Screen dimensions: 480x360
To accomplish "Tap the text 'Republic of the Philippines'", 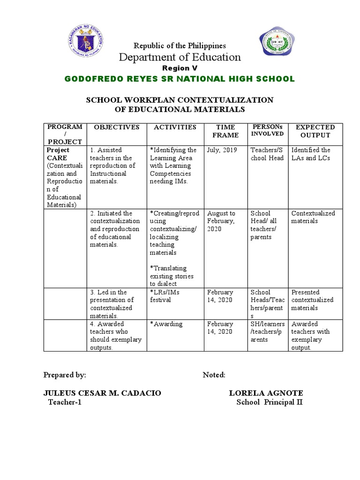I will tap(180, 45).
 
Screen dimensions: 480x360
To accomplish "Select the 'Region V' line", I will tap(180, 68).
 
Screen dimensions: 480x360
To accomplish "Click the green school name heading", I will tap(180, 79).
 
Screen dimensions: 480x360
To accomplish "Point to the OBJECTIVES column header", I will tap(116, 127).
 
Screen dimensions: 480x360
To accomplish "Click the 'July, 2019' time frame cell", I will tap(222, 150).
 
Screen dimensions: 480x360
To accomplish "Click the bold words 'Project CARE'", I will tap(58, 154).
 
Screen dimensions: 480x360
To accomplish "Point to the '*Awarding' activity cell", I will tap(166, 324).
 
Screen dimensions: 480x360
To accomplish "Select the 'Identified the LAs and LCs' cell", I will tap(311, 154).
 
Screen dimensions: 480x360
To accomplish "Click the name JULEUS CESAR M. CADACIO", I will tap(102, 393).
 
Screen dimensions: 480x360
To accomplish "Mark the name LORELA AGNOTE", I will tap(266, 393).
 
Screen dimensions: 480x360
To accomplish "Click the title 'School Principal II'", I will tap(270, 402).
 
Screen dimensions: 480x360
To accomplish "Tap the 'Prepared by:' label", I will tap(65, 375).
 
